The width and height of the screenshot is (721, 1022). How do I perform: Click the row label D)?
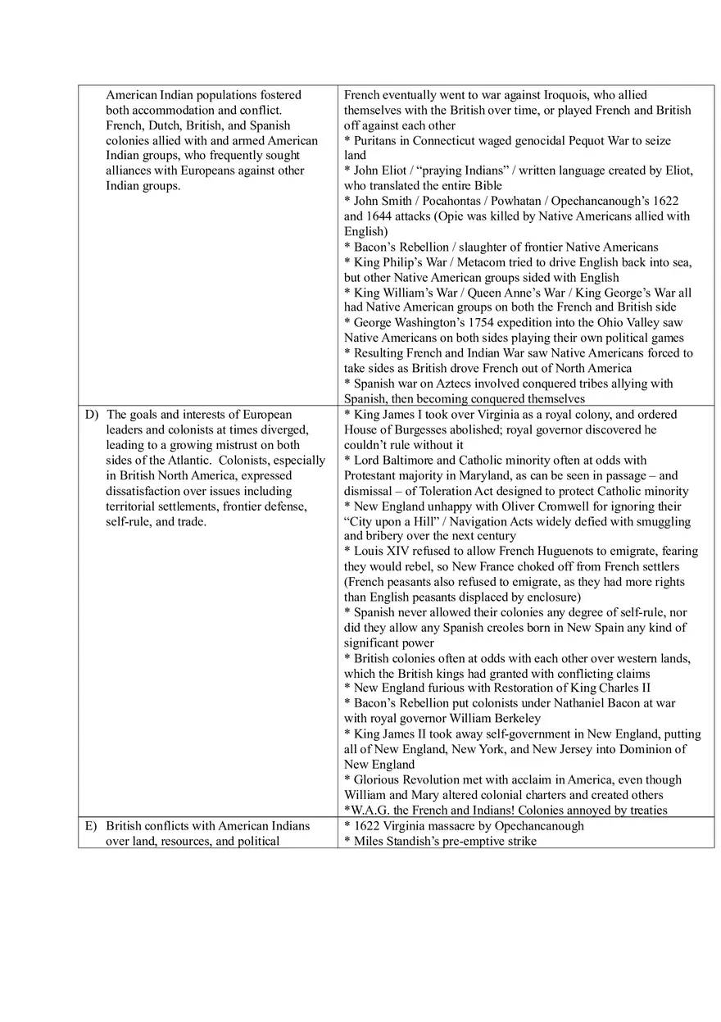(x=92, y=415)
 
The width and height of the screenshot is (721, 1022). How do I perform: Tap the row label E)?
(x=92, y=826)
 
